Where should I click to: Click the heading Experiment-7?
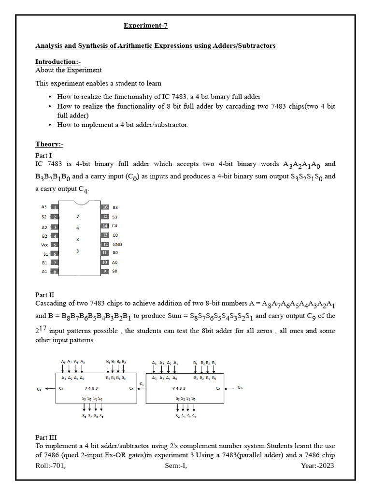(145, 26)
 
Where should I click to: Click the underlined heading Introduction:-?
(58, 62)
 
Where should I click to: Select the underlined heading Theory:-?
(49, 144)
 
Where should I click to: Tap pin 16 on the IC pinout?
(105, 207)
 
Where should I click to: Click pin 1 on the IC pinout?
(55, 207)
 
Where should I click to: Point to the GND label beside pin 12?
(117, 245)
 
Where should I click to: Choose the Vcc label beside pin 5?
(44, 245)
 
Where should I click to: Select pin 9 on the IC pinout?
(105, 271)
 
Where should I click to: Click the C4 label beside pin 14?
(114, 226)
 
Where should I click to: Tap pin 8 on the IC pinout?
(55, 272)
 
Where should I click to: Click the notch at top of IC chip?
(80, 203)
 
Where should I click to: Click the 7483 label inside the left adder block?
(91, 388)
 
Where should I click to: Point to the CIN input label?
(240, 388)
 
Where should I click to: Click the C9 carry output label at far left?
(39, 388)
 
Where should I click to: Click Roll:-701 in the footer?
(50, 466)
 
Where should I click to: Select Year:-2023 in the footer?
(317, 466)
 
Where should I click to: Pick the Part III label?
(46, 437)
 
